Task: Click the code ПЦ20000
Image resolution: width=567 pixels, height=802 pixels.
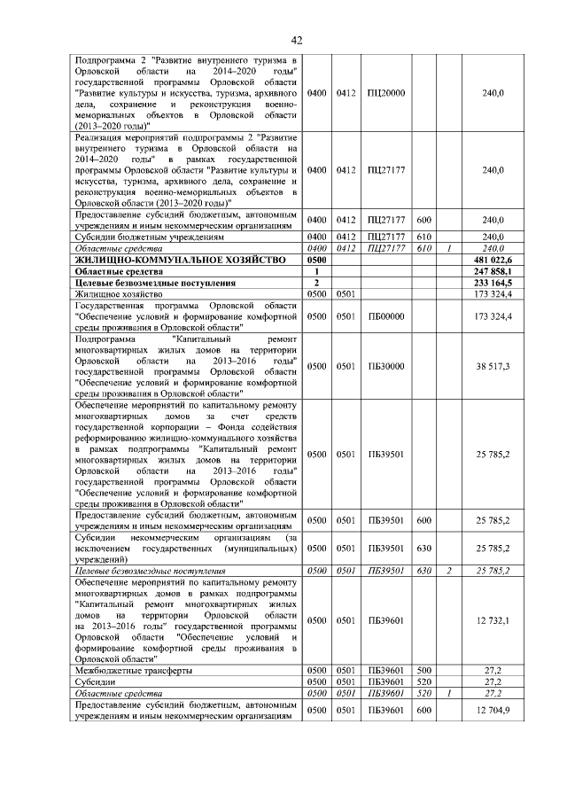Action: pos(385,93)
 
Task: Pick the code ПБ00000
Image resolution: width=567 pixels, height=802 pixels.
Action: pos(385,315)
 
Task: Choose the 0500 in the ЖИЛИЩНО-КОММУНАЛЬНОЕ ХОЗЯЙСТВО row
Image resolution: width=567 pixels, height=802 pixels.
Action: pos(316,260)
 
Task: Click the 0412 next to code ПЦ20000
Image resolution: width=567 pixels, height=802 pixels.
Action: pos(346,93)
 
